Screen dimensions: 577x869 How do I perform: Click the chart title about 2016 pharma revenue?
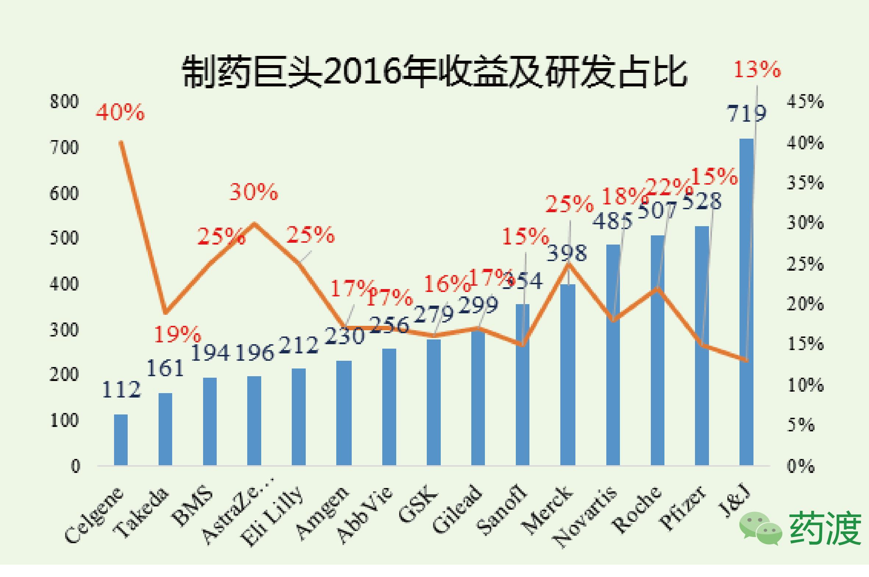coord(434,72)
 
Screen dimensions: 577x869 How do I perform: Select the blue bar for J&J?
coord(746,302)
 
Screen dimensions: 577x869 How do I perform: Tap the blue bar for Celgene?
coord(121,440)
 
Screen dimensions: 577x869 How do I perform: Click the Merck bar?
coord(568,375)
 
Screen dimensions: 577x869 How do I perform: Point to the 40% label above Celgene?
coord(120,112)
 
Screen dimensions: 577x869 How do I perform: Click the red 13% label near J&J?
coord(757,69)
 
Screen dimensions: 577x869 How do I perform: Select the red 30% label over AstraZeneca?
coord(253,192)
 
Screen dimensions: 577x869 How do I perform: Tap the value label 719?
coord(746,113)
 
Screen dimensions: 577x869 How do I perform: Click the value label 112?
coord(121,390)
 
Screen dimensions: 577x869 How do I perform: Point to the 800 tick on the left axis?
coord(64,101)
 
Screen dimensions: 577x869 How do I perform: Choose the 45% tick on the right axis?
coord(805,101)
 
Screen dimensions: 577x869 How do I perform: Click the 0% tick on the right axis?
coord(801,466)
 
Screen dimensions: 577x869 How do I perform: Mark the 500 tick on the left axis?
coord(64,238)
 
